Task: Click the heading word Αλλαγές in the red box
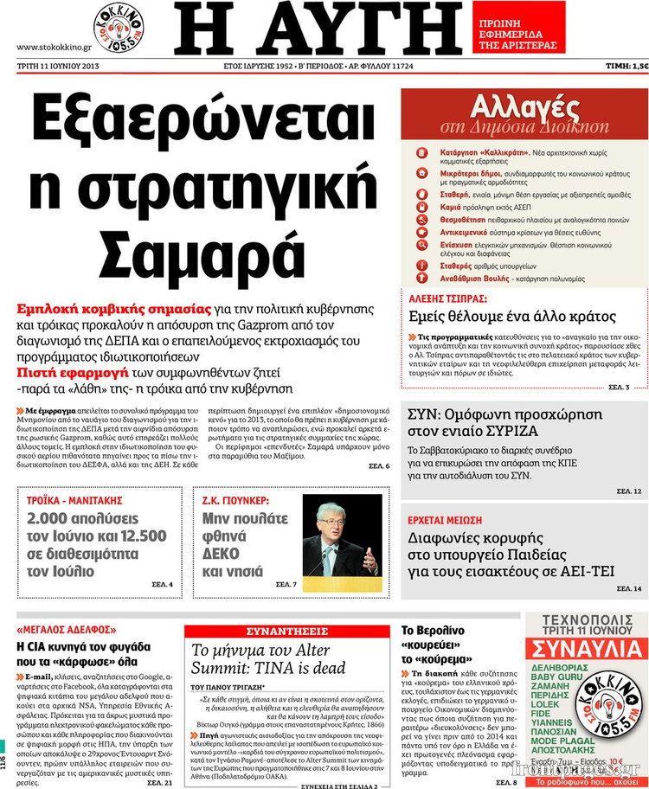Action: [524, 108]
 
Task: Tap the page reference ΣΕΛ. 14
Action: [629, 588]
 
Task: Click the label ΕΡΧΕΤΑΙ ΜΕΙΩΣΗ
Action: [446, 521]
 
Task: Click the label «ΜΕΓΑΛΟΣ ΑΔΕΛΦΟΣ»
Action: [67, 630]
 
